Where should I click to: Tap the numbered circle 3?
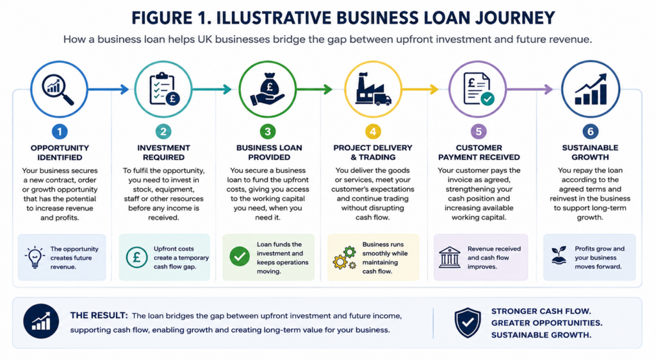268,132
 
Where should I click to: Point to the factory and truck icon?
373,89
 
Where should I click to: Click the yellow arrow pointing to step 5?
420,89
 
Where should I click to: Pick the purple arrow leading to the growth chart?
530,89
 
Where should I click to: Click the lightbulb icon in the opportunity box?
35,257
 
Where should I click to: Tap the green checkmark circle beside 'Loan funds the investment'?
240,257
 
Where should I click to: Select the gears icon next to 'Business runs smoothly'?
345,258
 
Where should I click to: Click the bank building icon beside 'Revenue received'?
450,257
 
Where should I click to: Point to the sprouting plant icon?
559,256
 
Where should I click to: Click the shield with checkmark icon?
468,322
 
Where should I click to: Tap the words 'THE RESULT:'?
99,316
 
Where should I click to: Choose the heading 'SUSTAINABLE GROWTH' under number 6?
590,152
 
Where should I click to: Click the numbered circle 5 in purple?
479,132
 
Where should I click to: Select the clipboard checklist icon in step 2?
164,89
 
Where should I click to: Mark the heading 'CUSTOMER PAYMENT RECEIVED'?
479,152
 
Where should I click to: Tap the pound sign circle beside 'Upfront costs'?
137,257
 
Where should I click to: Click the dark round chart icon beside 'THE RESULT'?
41,321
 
